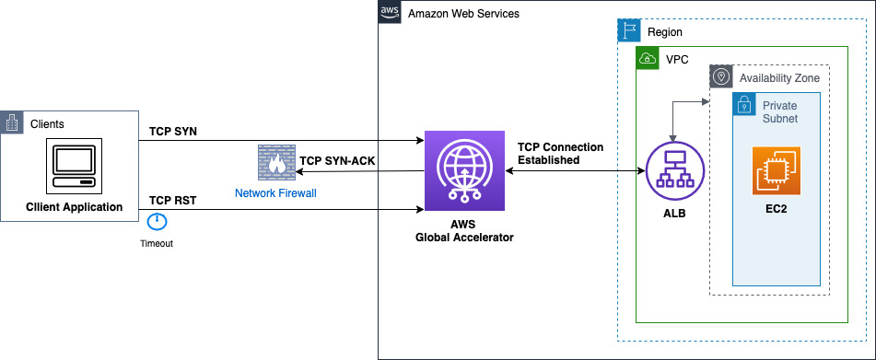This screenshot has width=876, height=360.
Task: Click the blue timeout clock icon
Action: coord(157,222)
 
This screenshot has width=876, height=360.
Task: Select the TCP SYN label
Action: coord(173,133)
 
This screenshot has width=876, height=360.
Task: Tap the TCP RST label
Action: coord(172,200)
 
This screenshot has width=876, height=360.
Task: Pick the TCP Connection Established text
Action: coord(560,153)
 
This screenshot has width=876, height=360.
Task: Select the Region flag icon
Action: coord(628,30)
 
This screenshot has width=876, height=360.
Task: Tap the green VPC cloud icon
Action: coord(648,58)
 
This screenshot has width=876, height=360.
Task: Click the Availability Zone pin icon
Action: coord(720,76)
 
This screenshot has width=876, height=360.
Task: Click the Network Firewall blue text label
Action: coord(275,192)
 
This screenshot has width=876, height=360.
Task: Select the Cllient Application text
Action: coord(75,206)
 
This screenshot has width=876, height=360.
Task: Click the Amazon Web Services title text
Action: coord(463,13)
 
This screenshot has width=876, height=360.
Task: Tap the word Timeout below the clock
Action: coord(157,244)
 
